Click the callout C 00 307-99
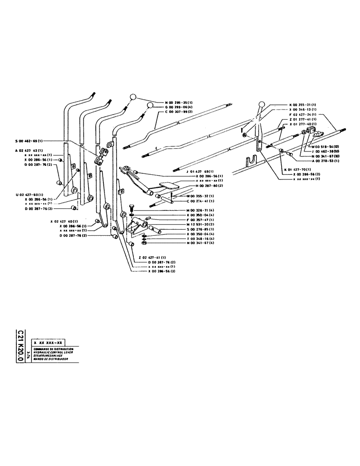pos(176,112)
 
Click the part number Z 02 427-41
pos(154,258)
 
